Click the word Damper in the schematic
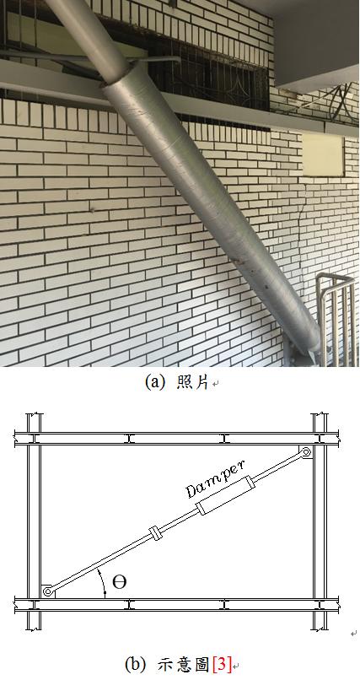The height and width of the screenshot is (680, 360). (215, 478)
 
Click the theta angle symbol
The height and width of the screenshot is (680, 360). (119, 582)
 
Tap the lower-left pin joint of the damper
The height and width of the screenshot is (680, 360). (46, 591)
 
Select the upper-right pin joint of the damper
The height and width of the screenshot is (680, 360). (306, 452)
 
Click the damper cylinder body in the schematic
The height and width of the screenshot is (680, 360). (226, 497)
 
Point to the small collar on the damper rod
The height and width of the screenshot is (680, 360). (155, 534)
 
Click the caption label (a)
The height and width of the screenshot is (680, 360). (153, 382)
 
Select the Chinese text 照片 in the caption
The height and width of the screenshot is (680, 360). (193, 382)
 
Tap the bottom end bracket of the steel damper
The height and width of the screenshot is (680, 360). (305, 354)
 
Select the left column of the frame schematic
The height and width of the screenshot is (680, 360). (35, 521)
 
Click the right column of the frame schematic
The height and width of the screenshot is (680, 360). (320, 521)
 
